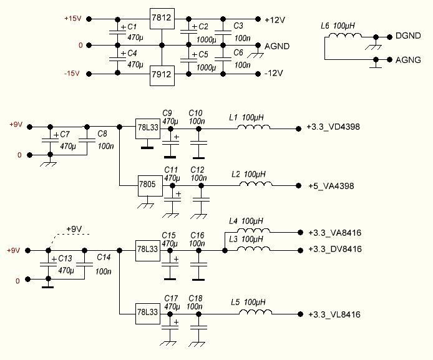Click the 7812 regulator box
(x=162, y=17)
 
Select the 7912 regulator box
(x=162, y=76)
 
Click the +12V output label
(x=275, y=20)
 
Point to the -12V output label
(x=274, y=73)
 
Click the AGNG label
(x=408, y=60)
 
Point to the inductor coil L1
(x=253, y=129)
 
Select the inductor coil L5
(x=256, y=314)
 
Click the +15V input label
(x=72, y=19)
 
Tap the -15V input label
(x=72, y=73)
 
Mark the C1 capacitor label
(x=132, y=27)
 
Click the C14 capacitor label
(x=104, y=257)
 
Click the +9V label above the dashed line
(x=74, y=229)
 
